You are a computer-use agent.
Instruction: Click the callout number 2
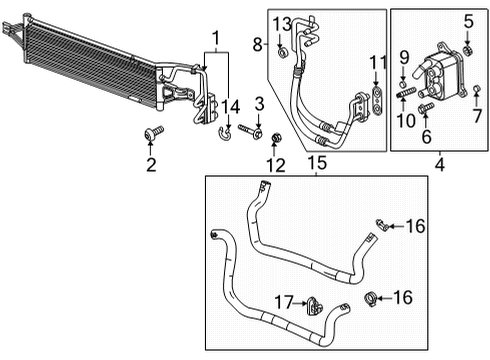pos(152,165)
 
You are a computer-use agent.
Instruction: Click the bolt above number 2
pos(152,134)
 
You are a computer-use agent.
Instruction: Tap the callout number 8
pos(259,45)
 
